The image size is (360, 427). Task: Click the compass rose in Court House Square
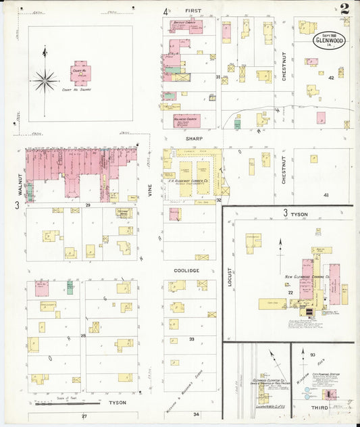coord(45,82)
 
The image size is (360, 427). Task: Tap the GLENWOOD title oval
coord(329,39)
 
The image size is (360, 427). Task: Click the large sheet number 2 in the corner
coord(344,9)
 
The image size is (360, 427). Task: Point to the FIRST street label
coord(194,11)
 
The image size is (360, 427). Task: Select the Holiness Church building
coord(184,120)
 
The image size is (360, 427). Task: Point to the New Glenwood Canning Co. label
coord(307,276)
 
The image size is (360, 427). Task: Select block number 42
coord(330,78)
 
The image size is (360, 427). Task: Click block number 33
coord(192,338)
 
